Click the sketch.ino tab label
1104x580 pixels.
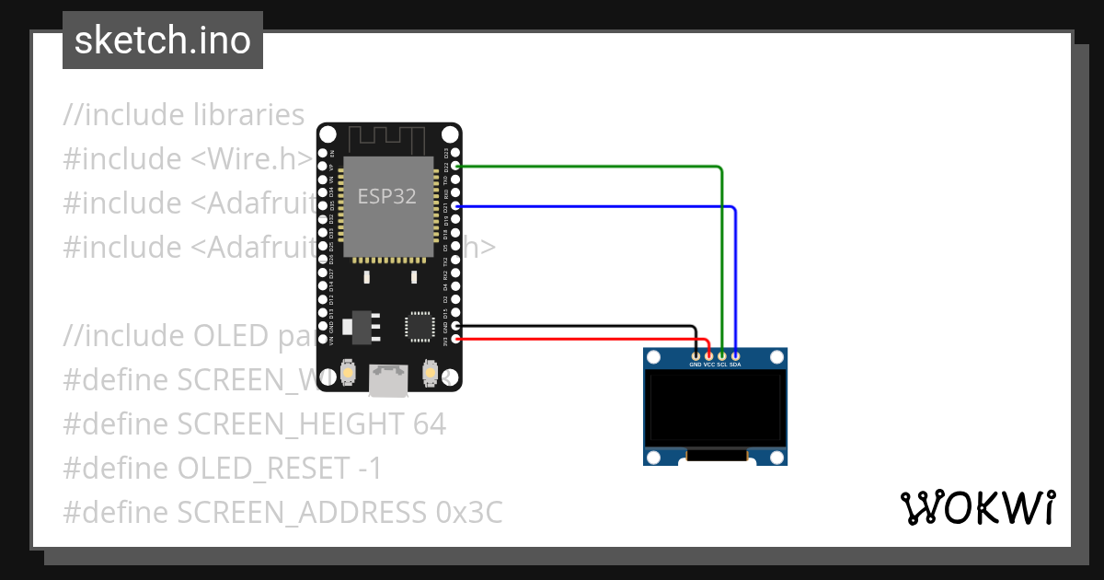coord(163,41)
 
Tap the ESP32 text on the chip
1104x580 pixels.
coord(386,196)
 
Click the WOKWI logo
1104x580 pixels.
coord(977,507)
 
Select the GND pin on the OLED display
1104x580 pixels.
coord(696,355)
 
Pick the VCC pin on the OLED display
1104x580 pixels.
coord(708,355)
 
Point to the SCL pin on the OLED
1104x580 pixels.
coord(722,355)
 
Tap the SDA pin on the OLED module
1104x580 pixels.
coord(735,355)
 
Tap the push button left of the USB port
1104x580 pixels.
coord(349,372)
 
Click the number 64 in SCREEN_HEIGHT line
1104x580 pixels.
coord(428,424)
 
